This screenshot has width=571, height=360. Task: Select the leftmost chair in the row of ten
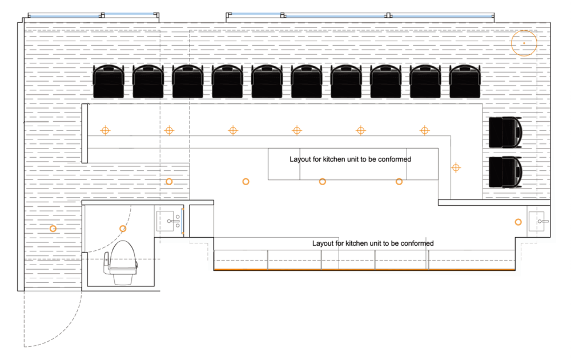[108, 81]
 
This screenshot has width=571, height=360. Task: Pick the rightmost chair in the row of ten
[465, 81]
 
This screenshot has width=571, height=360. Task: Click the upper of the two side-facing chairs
[505, 132]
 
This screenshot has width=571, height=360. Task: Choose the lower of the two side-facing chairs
[505, 172]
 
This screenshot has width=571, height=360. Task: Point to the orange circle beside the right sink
[518, 222]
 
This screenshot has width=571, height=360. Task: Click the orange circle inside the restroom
[123, 229]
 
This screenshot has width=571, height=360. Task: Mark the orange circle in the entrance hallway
[53, 229]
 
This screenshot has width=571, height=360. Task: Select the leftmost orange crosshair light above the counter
[105, 130]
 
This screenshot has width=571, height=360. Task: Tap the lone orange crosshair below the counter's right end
[456, 167]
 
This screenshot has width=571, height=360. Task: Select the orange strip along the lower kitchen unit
[364, 270]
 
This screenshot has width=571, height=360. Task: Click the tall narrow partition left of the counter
[85, 133]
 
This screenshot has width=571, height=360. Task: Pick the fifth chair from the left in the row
[267, 81]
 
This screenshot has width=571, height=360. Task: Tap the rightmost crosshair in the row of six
[425, 130]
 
